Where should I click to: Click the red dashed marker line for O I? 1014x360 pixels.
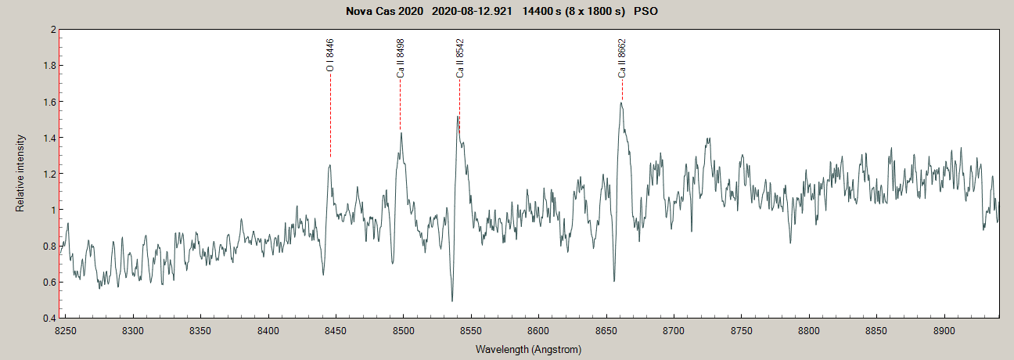(330, 117)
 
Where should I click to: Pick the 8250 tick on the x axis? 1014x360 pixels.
(66, 332)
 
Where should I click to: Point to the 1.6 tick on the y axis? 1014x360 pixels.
(50, 102)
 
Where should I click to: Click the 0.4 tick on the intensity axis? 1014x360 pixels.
(50, 319)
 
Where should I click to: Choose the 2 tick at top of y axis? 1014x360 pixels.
(53, 30)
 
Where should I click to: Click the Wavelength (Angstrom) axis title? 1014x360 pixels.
(528, 349)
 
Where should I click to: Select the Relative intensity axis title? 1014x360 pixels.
(20, 173)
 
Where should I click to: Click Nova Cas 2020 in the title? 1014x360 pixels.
(384, 12)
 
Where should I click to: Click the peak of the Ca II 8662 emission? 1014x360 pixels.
(620, 103)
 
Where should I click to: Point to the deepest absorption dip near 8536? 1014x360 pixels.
(452, 301)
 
